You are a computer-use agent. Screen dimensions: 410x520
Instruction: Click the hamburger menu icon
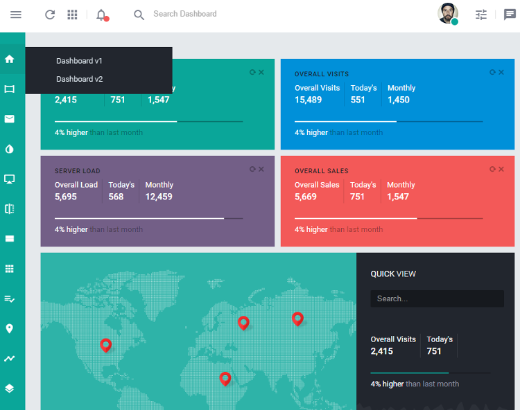pyautogui.click(x=16, y=15)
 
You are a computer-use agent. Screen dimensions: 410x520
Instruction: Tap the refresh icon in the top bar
pyautogui.click(x=50, y=15)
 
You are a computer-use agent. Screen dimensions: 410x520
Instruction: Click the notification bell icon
pyautogui.click(x=101, y=15)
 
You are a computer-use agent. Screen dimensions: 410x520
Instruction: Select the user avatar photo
pyautogui.click(x=448, y=13)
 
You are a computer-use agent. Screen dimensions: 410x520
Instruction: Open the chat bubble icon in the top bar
pyautogui.click(x=510, y=15)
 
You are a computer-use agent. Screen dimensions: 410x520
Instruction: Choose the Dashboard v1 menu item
pyautogui.click(x=79, y=61)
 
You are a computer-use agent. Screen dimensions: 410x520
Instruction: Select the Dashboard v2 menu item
pyautogui.click(x=79, y=79)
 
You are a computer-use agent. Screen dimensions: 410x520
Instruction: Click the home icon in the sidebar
pyautogui.click(x=10, y=59)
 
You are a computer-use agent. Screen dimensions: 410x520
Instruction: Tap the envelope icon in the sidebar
pyautogui.click(x=10, y=119)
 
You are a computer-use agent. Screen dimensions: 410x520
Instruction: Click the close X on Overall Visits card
pyautogui.click(x=501, y=72)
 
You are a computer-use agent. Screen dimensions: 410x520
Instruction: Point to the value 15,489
pyautogui.click(x=308, y=100)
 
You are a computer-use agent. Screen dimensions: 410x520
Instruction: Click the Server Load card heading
pyautogui.click(x=78, y=171)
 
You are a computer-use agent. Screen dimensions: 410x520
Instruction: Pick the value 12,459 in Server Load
pyautogui.click(x=159, y=197)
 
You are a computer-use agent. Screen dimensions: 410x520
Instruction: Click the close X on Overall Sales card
pyautogui.click(x=501, y=169)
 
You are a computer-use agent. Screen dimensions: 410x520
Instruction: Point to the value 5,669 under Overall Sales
pyautogui.click(x=305, y=197)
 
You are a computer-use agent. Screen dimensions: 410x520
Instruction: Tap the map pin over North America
pyautogui.click(x=105, y=345)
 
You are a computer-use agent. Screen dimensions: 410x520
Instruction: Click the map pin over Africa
pyautogui.click(x=225, y=378)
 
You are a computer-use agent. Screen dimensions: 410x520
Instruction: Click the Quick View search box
pyautogui.click(x=437, y=298)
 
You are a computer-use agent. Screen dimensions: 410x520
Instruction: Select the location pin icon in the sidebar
pyautogui.click(x=10, y=328)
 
